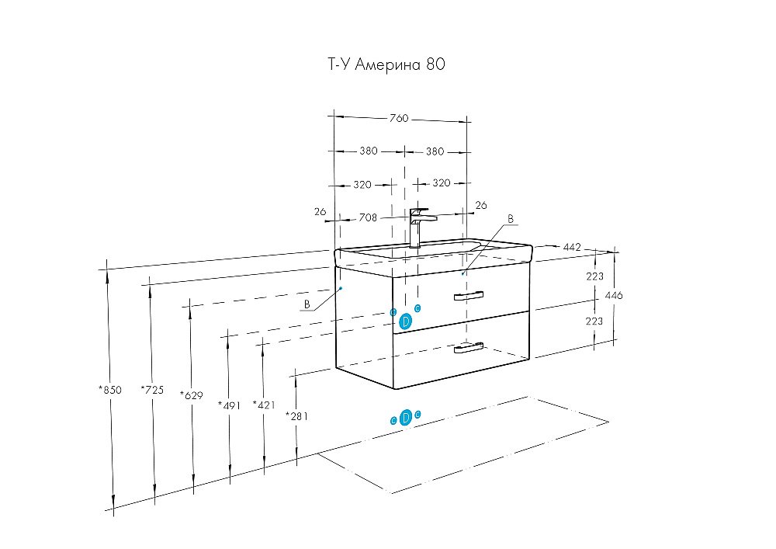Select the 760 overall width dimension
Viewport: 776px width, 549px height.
pyautogui.click(x=398, y=119)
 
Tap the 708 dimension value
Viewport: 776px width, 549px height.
pyautogui.click(x=368, y=218)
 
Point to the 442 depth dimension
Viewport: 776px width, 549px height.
pyautogui.click(x=572, y=247)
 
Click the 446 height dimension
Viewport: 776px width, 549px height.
pyautogui.click(x=614, y=296)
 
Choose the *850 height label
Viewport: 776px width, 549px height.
pyautogui.click(x=110, y=390)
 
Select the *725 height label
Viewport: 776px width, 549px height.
pyautogui.click(x=152, y=390)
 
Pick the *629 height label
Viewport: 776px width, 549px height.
pyautogui.click(x=191, y=395)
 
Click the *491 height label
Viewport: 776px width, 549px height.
pyautogui.click(x=230, y=405)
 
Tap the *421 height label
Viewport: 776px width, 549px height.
pyautogui.click(x=264, y=405)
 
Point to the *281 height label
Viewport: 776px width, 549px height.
pyautogui.click(x=297, y=415)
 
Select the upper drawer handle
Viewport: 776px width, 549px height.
pyautogui.click(x=468, y=295)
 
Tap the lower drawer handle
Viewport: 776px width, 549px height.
pyautogui.click(x=469, y=349)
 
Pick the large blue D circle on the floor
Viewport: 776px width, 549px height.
pyautogui.click(x=405, y=418)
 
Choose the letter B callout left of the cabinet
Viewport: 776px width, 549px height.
pyautogui.click(x=307, y=304)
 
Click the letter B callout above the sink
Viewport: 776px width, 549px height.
pyautogui.click(x=511, y=220)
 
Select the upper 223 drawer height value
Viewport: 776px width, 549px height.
pyautogui.click(x=595, y=276)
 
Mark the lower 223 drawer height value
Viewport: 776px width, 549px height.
pyautogui.click(x=595, y=321)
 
